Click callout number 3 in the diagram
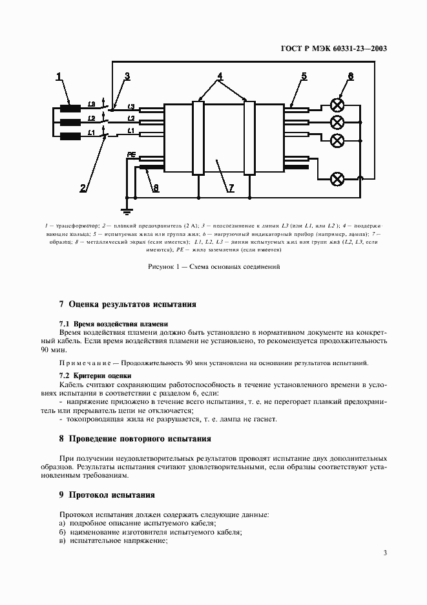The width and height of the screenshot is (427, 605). point(127,76)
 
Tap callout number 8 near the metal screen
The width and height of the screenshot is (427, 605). point(154,188)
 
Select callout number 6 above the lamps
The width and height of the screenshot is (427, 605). point(350,76)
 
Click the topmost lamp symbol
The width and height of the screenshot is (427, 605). point(337,105)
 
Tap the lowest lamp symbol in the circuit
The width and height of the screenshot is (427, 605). point(337,178)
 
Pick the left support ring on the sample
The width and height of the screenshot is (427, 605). point(198,137)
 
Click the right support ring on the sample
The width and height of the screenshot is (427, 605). point(249,137)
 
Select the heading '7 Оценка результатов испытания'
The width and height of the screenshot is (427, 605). point(127,304)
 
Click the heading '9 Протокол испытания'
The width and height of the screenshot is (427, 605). point(107,495)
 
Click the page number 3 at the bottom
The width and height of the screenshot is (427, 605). point(385,553)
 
